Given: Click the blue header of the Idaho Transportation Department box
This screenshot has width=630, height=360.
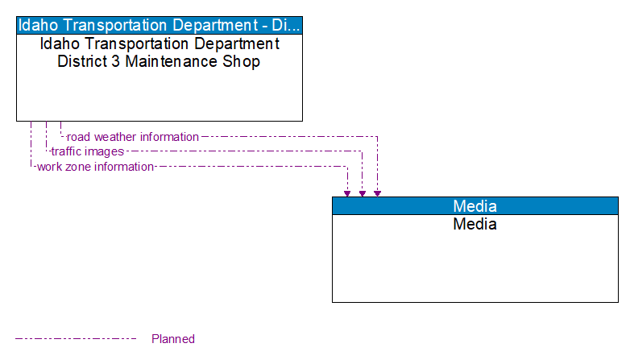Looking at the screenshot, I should [160, 24].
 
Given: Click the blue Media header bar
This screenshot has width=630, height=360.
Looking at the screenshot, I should [475, 205].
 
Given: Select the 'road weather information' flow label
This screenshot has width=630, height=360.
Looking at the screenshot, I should [133, 137].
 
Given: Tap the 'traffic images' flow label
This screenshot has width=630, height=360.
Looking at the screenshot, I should [87, 151].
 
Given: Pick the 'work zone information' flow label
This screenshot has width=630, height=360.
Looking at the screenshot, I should [95, 167].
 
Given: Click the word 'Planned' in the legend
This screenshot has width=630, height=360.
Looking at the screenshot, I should [173, 339].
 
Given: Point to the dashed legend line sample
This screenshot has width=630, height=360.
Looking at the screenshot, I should [76, 339].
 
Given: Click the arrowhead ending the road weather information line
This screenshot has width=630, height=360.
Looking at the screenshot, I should [377, 192].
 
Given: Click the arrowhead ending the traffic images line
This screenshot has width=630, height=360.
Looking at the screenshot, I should [363, 192].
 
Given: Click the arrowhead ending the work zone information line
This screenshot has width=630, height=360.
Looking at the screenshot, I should [347, 192].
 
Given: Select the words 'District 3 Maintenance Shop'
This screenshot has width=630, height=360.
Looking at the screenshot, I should [159, 61].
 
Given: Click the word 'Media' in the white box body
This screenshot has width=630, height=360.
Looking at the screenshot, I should [475, 224].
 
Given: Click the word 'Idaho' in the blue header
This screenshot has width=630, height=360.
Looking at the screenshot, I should [38, 24].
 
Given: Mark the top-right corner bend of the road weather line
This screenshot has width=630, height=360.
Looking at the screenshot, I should [377, 137].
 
